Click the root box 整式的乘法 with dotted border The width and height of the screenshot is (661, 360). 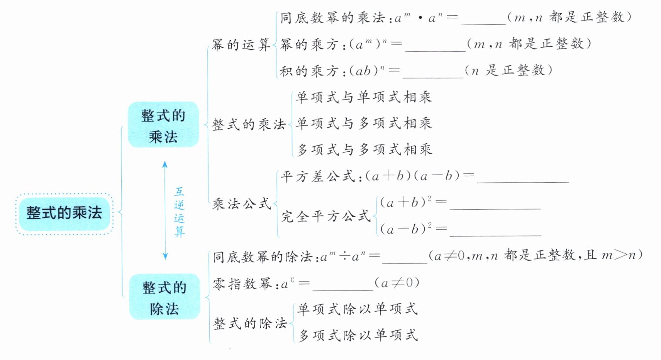click(64, 213)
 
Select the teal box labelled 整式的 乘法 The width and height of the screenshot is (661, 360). click(163, 125)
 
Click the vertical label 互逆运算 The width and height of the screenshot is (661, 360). click(179, 212)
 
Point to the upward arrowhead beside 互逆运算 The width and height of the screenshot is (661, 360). click(165, 164)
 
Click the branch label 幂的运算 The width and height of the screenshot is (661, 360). click(241, 45)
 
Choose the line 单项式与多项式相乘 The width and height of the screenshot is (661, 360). click(363, 123)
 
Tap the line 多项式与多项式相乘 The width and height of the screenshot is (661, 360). click(364, 149)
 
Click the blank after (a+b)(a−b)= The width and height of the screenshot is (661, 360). click(523, 178)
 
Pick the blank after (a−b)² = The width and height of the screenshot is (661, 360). click(495, 231)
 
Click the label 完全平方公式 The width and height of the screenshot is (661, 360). click(326, 216)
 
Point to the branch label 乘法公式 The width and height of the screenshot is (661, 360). click(242, 204)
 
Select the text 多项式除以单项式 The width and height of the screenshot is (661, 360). click(358, 335)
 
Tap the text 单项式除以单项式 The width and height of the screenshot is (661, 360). click(358, 309)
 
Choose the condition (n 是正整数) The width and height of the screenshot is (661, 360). click(508, 70)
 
